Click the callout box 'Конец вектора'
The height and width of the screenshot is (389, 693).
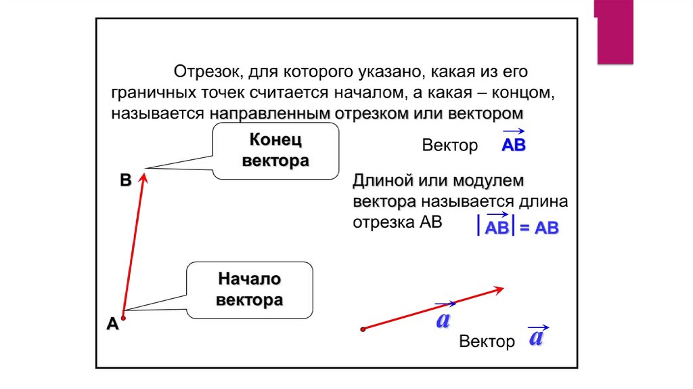pos(275,151)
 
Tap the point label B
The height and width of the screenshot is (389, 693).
pos(125,180)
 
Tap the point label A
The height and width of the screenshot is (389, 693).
pos(112,325)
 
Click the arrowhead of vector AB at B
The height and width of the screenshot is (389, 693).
pos(143,178)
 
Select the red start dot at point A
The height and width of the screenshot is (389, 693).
pos(123,316)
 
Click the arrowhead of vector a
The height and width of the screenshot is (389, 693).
pos(499,289)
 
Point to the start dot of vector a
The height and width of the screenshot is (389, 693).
pos(363,329)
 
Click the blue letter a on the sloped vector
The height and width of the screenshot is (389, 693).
pos(443,319)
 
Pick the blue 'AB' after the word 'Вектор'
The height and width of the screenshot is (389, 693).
pos(514,146)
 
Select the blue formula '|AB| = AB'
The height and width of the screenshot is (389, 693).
pos(518,228)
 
